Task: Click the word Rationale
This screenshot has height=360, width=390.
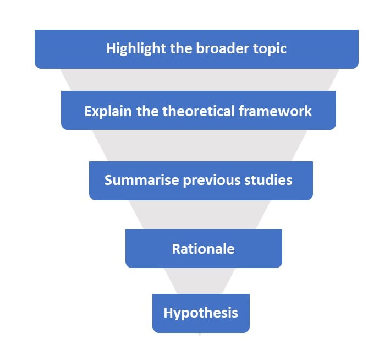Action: [x=203, y=249]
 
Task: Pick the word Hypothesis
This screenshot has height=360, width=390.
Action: [x=201, y=313]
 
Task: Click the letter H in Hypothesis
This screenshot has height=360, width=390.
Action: [x=168, y=313]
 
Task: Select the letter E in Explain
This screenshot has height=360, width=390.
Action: [x=88, y=111]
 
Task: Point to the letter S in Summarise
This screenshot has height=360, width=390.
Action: [x=108, y=180]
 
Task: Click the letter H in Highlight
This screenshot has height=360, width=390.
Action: [x=111, y=48]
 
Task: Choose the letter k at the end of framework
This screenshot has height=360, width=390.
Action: [x=309, y=111]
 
